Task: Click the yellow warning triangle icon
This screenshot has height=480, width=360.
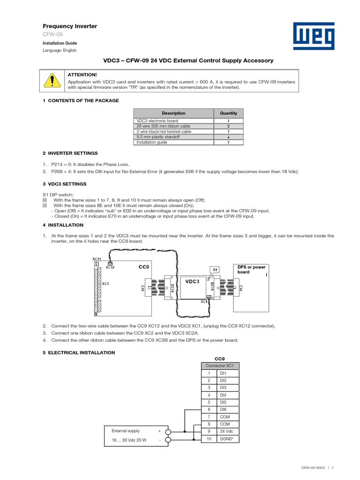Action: [x=52, y=81]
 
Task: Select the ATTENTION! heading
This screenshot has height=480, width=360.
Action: [x=82, y=75]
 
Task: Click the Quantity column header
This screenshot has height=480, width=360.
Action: [x=228, y=113]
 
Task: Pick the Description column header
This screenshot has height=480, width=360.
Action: [x=173, y=113]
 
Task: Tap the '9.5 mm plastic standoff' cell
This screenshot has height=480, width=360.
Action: [x=173, y=137]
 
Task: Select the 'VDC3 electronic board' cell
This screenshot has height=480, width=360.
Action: [x=173, y=121]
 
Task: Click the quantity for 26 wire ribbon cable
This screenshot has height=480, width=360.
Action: [x=228, y=127]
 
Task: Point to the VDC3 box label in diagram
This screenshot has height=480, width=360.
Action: [x=192, y=281]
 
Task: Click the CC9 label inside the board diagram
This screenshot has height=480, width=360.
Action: [x=143, y=267]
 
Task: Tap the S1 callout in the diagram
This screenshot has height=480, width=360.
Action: [x=215, y=270]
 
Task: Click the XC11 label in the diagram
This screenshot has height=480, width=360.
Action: [x=96, y=258]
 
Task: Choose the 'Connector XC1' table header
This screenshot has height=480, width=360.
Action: [x=220, y=366]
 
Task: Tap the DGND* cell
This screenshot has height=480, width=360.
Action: [x=227, y=439]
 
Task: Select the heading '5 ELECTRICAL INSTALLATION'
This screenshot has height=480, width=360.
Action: [x=79, y=352]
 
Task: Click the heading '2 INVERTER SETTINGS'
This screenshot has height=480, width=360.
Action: [x=70, y=153]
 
